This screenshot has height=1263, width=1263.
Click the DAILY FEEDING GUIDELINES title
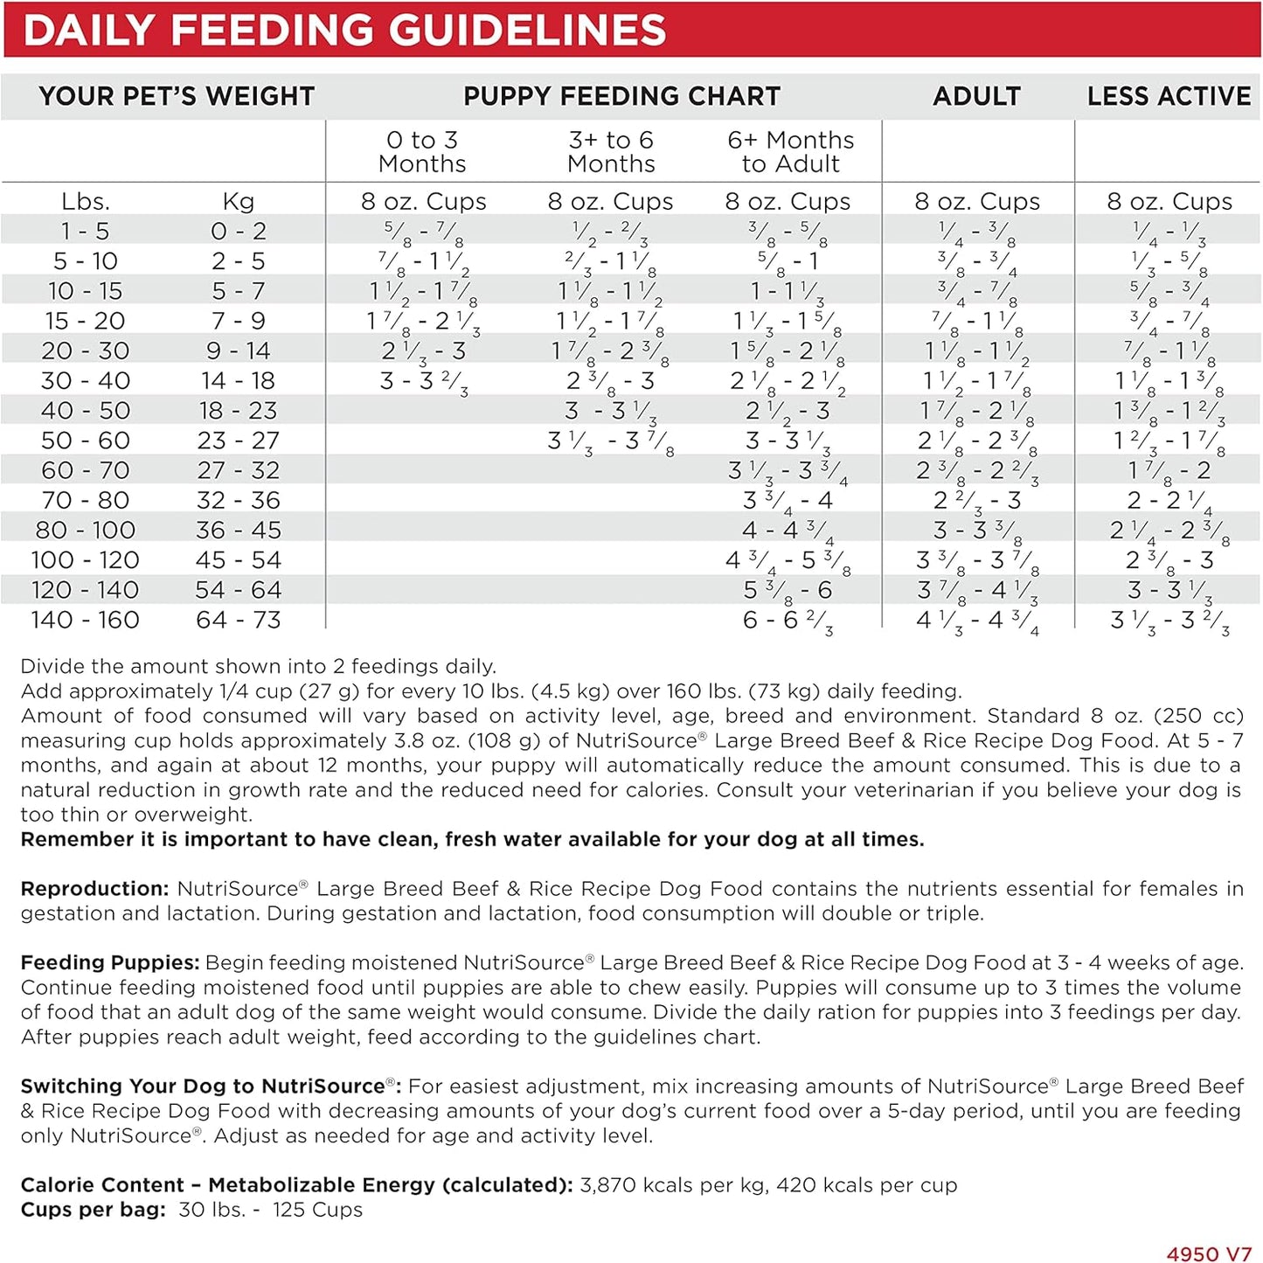point(344,30)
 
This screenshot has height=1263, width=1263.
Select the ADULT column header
point(976,96)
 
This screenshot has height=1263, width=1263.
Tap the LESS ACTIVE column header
point(1169,96)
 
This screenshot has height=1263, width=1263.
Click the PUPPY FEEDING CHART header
point(621,96)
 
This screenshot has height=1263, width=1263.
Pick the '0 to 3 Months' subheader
point(422,151)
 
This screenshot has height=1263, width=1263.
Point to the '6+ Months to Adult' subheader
point(790,151)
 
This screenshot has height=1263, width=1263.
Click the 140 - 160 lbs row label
point(85,620)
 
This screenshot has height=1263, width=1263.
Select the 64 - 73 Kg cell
point(238,620)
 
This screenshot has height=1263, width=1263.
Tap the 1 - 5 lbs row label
point(85,232)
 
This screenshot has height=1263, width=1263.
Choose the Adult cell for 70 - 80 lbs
point(976,501)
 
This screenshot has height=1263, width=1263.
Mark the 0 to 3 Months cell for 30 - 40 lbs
point(424,382)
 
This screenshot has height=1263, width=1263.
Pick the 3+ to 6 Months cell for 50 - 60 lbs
point(610,441)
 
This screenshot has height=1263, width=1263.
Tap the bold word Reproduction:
point(94,889)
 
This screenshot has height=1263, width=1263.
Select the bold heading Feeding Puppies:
point(110,963)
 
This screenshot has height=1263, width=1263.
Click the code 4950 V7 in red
point(1209,1253)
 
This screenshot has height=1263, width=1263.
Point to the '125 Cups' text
point(317,1210)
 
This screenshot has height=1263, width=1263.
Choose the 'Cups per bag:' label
point(93,1210)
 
